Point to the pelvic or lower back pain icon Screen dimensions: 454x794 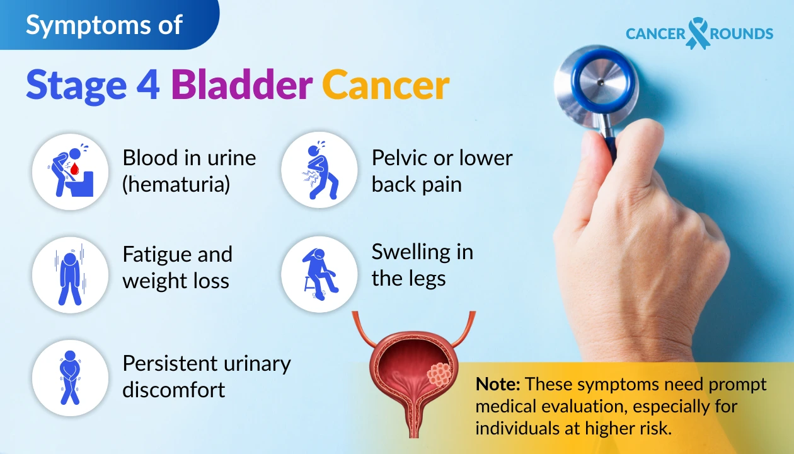coord(319,170)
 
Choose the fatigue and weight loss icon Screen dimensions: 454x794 coord(71,275)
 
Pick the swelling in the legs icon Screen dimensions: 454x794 coord(319,275)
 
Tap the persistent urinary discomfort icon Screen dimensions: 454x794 coord(71,378)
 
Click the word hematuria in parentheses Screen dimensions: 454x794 coord(176,185)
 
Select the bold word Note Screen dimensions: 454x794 coord(498,385)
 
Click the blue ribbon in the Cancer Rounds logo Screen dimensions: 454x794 coord(697,33)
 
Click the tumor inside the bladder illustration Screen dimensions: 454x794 coord(439,374)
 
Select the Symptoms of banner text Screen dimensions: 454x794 coord(104,25)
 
